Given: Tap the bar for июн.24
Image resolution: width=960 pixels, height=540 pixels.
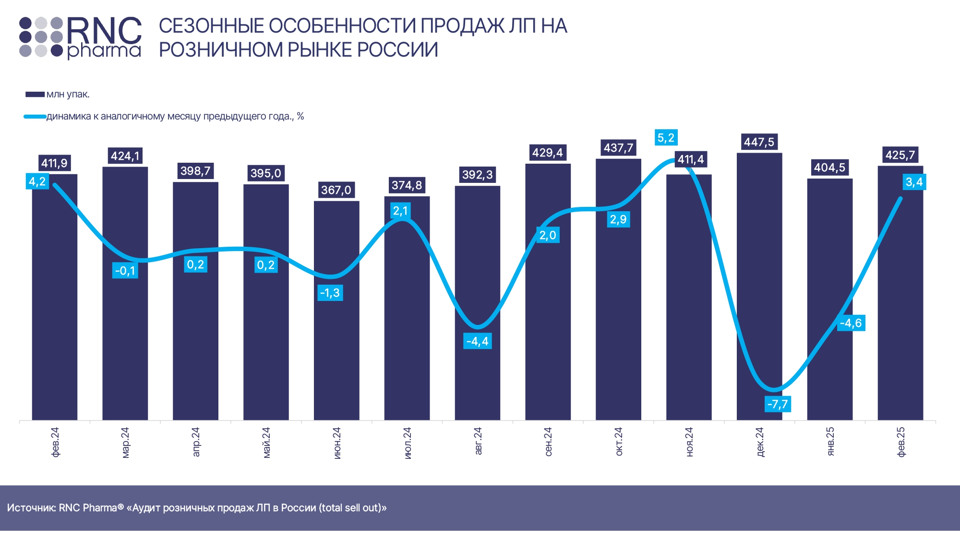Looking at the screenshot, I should click(336, 336).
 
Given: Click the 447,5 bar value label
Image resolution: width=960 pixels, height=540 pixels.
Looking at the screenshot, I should click(759, 142).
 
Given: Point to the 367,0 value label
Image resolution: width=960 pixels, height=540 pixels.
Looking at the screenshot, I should click(336, 190).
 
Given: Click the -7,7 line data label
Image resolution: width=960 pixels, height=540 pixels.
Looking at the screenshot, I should click(778, 404).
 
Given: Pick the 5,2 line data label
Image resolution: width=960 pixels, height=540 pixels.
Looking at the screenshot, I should click(666, 138).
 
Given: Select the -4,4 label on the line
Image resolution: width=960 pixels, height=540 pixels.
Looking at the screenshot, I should click(477, 341).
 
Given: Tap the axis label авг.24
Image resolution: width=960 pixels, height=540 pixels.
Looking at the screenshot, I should click(478, 441).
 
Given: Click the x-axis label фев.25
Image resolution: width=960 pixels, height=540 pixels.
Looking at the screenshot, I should click(901, 442).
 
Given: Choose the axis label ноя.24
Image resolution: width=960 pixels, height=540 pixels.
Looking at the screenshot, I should click(689, 442).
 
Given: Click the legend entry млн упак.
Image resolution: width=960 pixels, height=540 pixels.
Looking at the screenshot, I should click(68, 95).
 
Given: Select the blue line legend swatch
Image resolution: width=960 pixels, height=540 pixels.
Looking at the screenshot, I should click(35, 117).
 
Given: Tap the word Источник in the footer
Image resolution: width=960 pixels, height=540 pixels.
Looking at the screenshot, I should click(31, 508).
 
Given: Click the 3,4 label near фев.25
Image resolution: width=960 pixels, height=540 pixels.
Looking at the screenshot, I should click(914, 182).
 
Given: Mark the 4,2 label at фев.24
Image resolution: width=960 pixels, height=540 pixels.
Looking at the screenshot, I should click(37, 181).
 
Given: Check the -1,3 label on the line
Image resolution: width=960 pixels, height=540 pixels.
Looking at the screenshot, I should click(330, 293).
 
